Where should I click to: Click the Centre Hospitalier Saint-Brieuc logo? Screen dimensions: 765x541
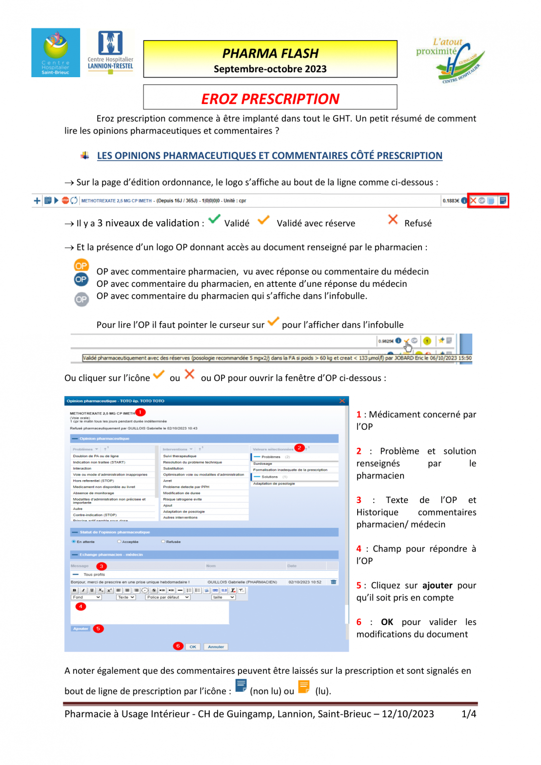(55, 52)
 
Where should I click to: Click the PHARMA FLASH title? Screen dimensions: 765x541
(270, 53)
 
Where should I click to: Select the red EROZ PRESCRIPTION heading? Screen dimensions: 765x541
(270, 99)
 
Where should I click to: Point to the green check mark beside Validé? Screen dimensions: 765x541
(214, 219)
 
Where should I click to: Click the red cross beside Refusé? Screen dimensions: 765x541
(393, 219)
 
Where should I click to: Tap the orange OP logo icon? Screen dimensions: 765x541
(81, 265)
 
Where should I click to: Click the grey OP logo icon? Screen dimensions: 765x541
(81, 299)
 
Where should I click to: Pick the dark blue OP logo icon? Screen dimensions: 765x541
(81, 279)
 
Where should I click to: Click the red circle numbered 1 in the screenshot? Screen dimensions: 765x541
(140, 412)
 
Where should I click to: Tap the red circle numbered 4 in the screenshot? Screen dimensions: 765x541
(80, 607)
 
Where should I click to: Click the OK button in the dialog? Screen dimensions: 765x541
(193, 647)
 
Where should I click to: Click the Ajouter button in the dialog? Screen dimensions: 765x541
(81, 629)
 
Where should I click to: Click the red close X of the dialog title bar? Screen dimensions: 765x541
(342, 401)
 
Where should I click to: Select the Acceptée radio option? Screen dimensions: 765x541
(120, 541)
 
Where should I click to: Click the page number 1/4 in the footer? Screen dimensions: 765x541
(468, 714)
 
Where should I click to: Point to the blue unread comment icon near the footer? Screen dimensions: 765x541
(241, 686)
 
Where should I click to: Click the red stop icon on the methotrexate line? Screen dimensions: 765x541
(65, 201)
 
